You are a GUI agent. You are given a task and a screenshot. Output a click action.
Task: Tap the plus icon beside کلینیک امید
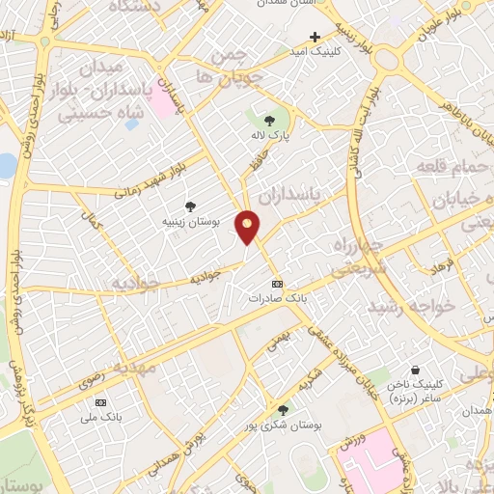pos(315,37)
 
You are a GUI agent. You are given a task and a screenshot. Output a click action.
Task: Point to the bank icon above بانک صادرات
pos(278,284)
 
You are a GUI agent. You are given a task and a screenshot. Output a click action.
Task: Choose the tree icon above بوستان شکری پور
pos(283,410)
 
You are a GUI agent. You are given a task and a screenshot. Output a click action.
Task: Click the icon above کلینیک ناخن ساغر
pos(415,370)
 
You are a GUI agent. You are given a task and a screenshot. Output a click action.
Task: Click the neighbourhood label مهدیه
pos(135,367)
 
